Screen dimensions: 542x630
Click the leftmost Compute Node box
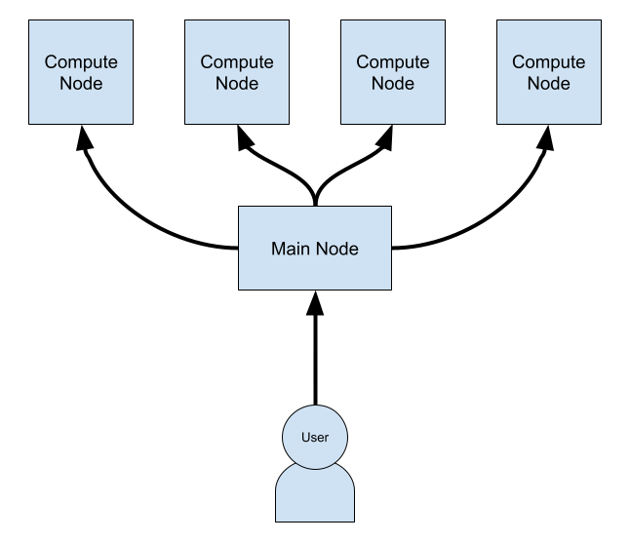tap(81, 72)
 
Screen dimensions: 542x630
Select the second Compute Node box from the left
tap(237, 72)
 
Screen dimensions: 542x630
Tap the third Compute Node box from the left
tap(393, 72)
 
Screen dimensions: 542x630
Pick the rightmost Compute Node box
tap(549, 72)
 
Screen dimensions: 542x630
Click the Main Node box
tap(315, 248)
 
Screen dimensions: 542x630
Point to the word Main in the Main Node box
tap(291, 249)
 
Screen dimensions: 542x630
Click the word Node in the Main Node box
tap(336, 249)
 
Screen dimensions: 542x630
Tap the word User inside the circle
tap(315, 438)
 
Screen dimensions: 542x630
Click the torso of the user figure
tap(315, 497)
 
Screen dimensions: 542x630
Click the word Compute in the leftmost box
tap(81, 61)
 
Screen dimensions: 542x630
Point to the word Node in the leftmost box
tap(81, 84)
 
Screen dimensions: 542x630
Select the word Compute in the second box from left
tap(237, 61)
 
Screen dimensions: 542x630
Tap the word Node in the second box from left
tap(237, 84)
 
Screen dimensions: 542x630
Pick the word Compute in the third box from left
tap(393, 61)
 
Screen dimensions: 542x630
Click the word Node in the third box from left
tap(393, 84)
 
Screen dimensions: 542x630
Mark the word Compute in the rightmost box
tap(549, 61)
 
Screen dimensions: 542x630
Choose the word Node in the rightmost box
tap(549, 84)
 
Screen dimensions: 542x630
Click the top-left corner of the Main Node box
tap(240, 208)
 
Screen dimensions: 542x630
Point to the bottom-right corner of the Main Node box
tap(390, 289)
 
